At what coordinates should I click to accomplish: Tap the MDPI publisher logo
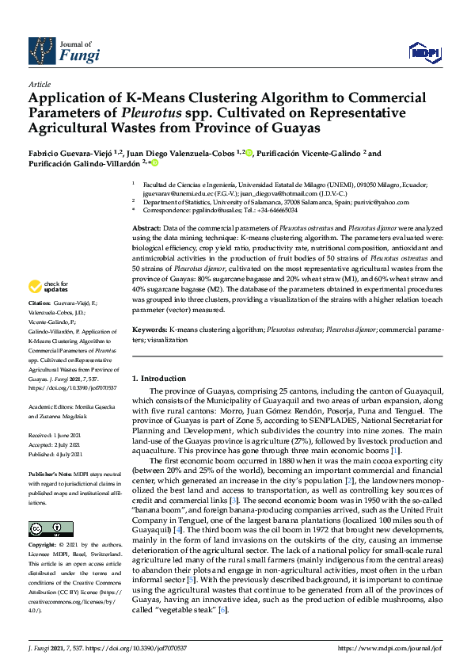pyautogui.click(x=424, y=52)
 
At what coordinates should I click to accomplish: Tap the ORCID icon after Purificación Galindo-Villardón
pyautogui.click(x=155, y=164)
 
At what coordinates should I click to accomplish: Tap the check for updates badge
pyautogui.click(x=48, y=287)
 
